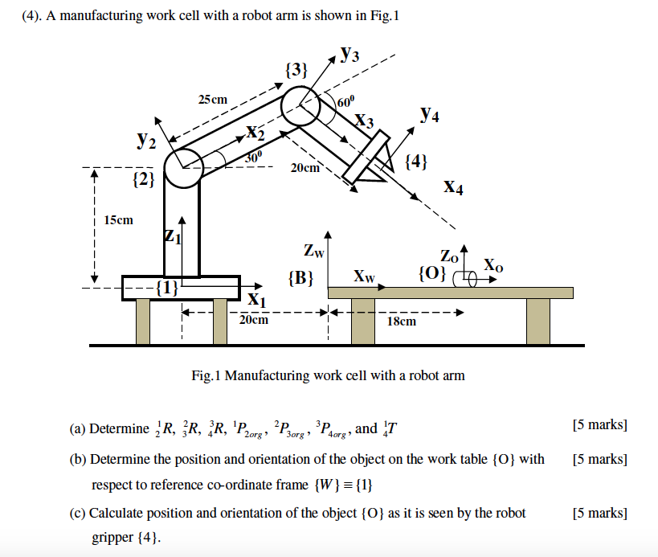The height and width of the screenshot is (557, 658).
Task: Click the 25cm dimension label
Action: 213,100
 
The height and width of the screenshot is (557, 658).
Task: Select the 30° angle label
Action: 253,158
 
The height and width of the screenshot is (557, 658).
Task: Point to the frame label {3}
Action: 296,70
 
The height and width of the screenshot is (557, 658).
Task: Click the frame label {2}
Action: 143,178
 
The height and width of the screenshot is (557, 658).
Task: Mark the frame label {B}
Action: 300,278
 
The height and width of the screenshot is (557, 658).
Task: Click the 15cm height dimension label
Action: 119,219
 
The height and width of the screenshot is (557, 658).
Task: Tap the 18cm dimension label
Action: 402,322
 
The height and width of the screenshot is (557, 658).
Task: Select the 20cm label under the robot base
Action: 254,320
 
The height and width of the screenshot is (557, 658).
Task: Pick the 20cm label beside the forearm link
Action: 305,168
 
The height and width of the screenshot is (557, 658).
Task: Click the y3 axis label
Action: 349,55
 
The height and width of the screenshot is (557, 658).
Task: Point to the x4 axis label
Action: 453,188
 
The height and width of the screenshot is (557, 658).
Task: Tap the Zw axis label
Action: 314,251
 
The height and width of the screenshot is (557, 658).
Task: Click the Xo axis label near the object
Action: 493,265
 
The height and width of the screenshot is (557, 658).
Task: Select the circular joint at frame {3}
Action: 301,106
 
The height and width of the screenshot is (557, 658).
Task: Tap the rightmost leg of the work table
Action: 537,320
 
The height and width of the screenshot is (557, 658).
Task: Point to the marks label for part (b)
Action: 599,460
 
